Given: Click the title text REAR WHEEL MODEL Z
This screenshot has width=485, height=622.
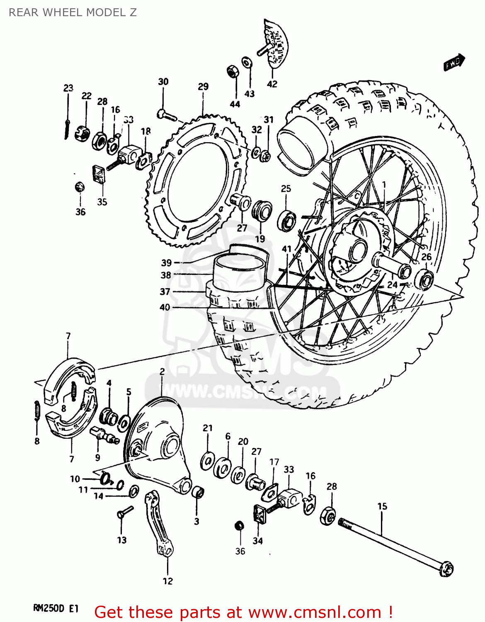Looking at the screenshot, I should [x=73, y=12].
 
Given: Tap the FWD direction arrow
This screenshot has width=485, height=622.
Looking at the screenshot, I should [x=454, y=63].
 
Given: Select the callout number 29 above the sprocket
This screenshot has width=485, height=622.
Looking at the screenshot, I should [x=203, y=87].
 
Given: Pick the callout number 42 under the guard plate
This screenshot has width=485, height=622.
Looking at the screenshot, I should [x=272, y=84].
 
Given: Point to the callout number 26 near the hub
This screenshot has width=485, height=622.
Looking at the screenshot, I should [x=427, y=257].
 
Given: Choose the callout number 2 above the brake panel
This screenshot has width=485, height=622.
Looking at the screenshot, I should [x=162, y=372].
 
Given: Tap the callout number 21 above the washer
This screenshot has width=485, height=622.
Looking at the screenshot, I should [x=208, y=428].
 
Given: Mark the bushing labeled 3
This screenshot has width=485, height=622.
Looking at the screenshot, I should [x=198, y=492].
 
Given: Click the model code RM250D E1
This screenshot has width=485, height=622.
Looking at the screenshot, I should [x=56, y=609].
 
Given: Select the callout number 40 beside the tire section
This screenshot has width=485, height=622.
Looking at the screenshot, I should [x=165, y=307].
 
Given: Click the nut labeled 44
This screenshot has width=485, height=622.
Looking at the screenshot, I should [x=233, y=71].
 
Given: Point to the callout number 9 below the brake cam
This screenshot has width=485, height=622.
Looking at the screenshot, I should [x=97, y=457].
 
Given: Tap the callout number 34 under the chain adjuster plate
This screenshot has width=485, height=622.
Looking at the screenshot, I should [x=258, y=541].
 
